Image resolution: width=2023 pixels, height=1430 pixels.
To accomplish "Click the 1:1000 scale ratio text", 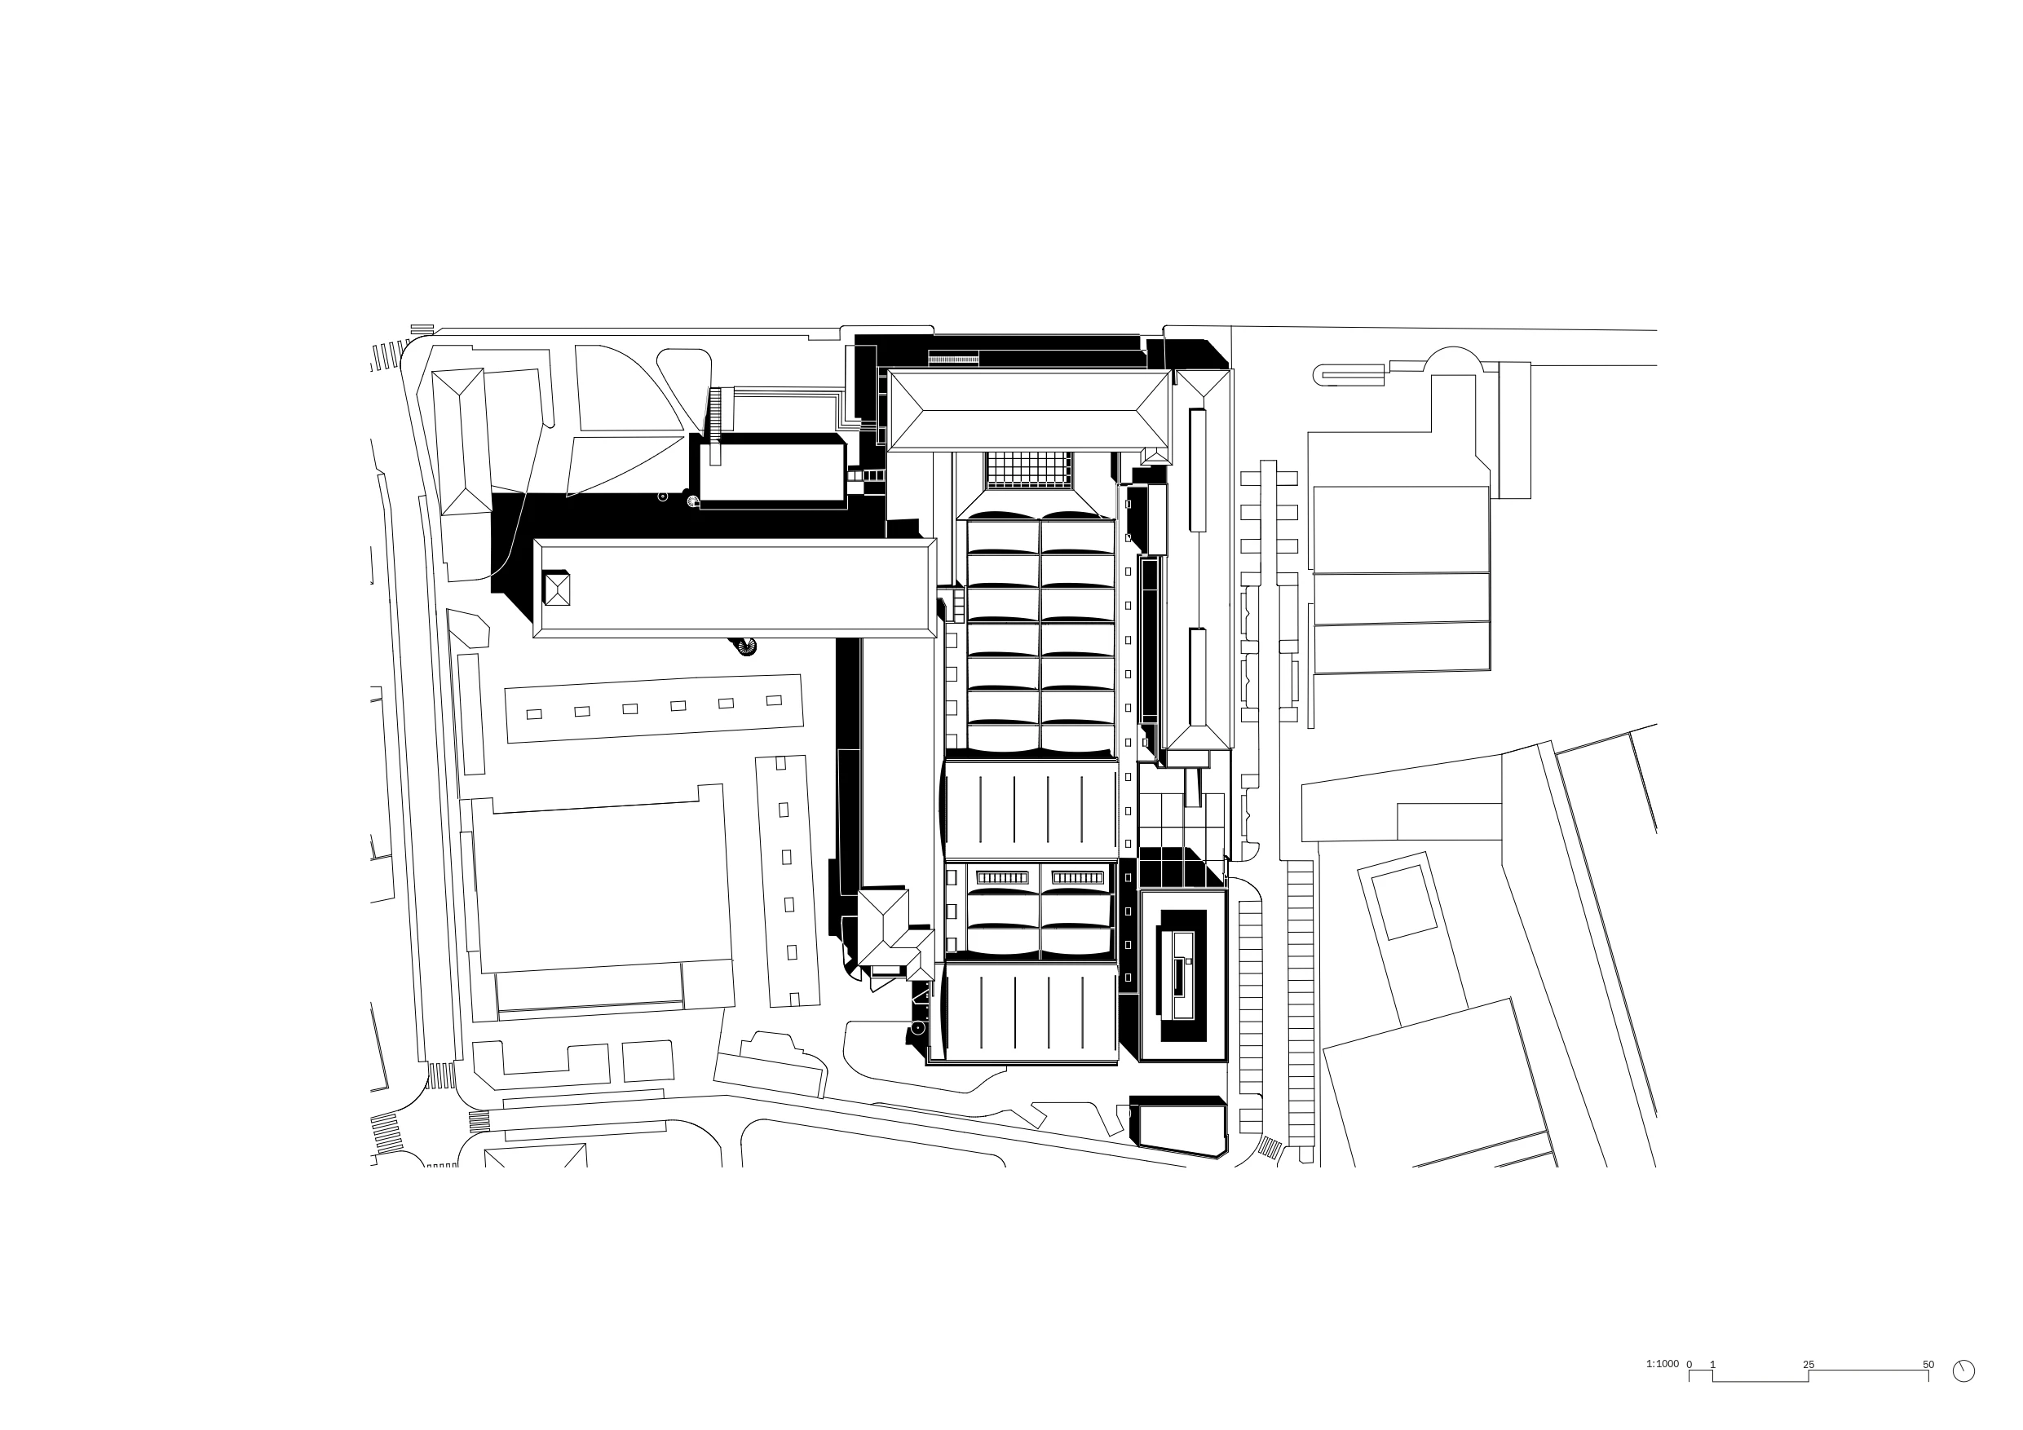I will tap(1663, 1364).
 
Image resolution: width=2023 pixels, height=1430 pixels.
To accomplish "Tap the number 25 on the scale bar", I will tap(1808, 1365).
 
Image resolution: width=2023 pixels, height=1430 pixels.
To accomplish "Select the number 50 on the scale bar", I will tap(1928, 1365).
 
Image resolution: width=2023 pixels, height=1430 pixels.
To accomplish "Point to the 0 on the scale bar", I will tap(1689, 1365).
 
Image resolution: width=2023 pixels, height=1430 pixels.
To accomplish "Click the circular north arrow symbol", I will tap(1964, 1371).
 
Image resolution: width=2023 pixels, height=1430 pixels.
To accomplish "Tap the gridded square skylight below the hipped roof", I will tap(1029, 470).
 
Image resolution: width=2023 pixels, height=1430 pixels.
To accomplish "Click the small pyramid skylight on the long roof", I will tap(557, 589).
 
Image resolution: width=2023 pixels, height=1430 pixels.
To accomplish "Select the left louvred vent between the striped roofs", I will tap(1003, 877).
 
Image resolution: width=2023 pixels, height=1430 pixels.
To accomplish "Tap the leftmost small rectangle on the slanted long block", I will tap(534, 714).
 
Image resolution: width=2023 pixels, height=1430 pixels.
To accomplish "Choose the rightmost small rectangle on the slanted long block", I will tap(774, 701).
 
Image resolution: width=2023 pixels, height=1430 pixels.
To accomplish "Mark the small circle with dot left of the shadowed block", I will tap(664, 497).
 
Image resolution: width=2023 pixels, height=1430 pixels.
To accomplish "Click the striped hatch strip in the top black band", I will tap(953, 359).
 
